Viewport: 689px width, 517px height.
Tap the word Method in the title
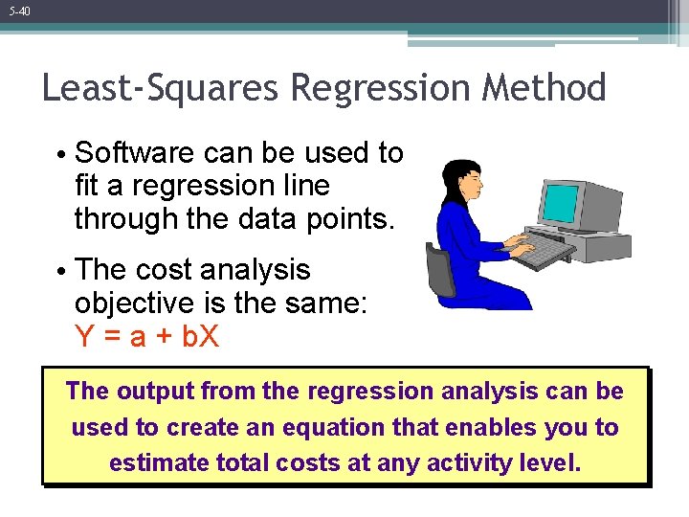point(546,88)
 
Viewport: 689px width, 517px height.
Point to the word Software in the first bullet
point(138,153)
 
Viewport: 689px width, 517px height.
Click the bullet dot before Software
point(60,155)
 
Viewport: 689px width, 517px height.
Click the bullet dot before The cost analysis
point(60,272)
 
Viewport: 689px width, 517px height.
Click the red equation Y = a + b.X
point(146,336)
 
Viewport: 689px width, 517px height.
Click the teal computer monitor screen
point(560,203)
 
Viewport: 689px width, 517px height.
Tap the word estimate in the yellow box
point(159,463)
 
